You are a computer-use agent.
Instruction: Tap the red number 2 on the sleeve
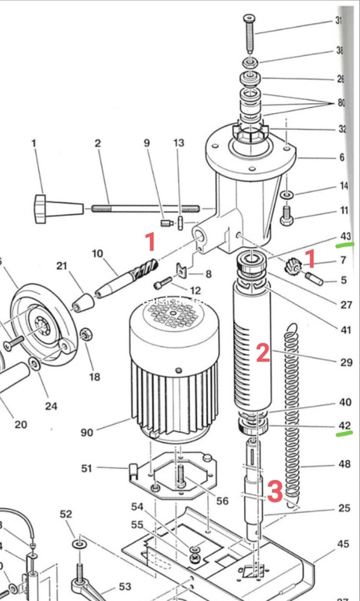tap(263, 353)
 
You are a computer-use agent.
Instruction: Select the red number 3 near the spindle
tap(275, 492)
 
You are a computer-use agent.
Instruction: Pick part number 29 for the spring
tap(346, 362)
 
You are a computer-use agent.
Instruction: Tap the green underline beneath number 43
tap(345, 244)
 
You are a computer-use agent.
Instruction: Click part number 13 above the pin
tap(179, 143)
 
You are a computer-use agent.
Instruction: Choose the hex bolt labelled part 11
tap(287, 220)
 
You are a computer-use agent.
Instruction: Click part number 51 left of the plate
tap(87, 468)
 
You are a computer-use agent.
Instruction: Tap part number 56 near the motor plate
tap(222, 500)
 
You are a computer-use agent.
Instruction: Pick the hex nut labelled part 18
tap(85, 335)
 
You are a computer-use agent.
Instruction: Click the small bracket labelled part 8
tap(182, 271)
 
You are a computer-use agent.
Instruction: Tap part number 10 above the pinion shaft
tap(97, 254)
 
